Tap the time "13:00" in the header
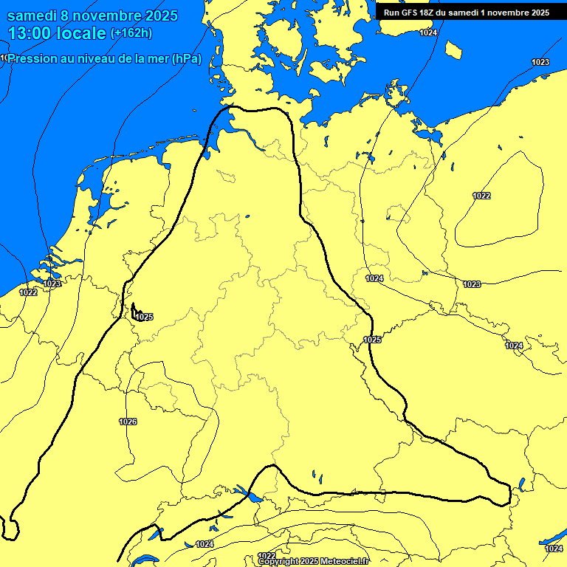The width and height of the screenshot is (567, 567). pos(30,33)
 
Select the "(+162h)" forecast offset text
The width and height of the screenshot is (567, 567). pos(131,33)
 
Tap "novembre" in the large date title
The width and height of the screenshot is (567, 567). pos(106,16)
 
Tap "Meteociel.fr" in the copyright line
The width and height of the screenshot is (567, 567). pos(345,562)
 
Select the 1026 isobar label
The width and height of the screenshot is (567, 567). pos(128,422)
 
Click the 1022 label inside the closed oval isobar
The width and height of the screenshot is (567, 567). pos(481,196)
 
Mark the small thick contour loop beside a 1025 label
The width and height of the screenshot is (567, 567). pos(134,312)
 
